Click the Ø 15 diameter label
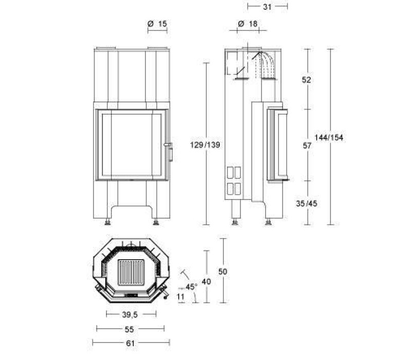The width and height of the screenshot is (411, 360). [157, 24]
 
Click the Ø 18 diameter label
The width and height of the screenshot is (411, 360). [248, 24]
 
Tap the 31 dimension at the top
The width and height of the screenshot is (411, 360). [267, 7]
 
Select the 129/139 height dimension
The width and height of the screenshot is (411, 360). [205, 145]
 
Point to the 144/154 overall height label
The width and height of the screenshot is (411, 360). [329, 137]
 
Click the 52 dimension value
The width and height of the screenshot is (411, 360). [306, 80]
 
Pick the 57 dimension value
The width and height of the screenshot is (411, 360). [307, 146]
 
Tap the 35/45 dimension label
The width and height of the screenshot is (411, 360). [306, 203]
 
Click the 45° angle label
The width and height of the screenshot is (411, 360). [191, 287]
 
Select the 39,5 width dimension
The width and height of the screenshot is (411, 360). [130, 314]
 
